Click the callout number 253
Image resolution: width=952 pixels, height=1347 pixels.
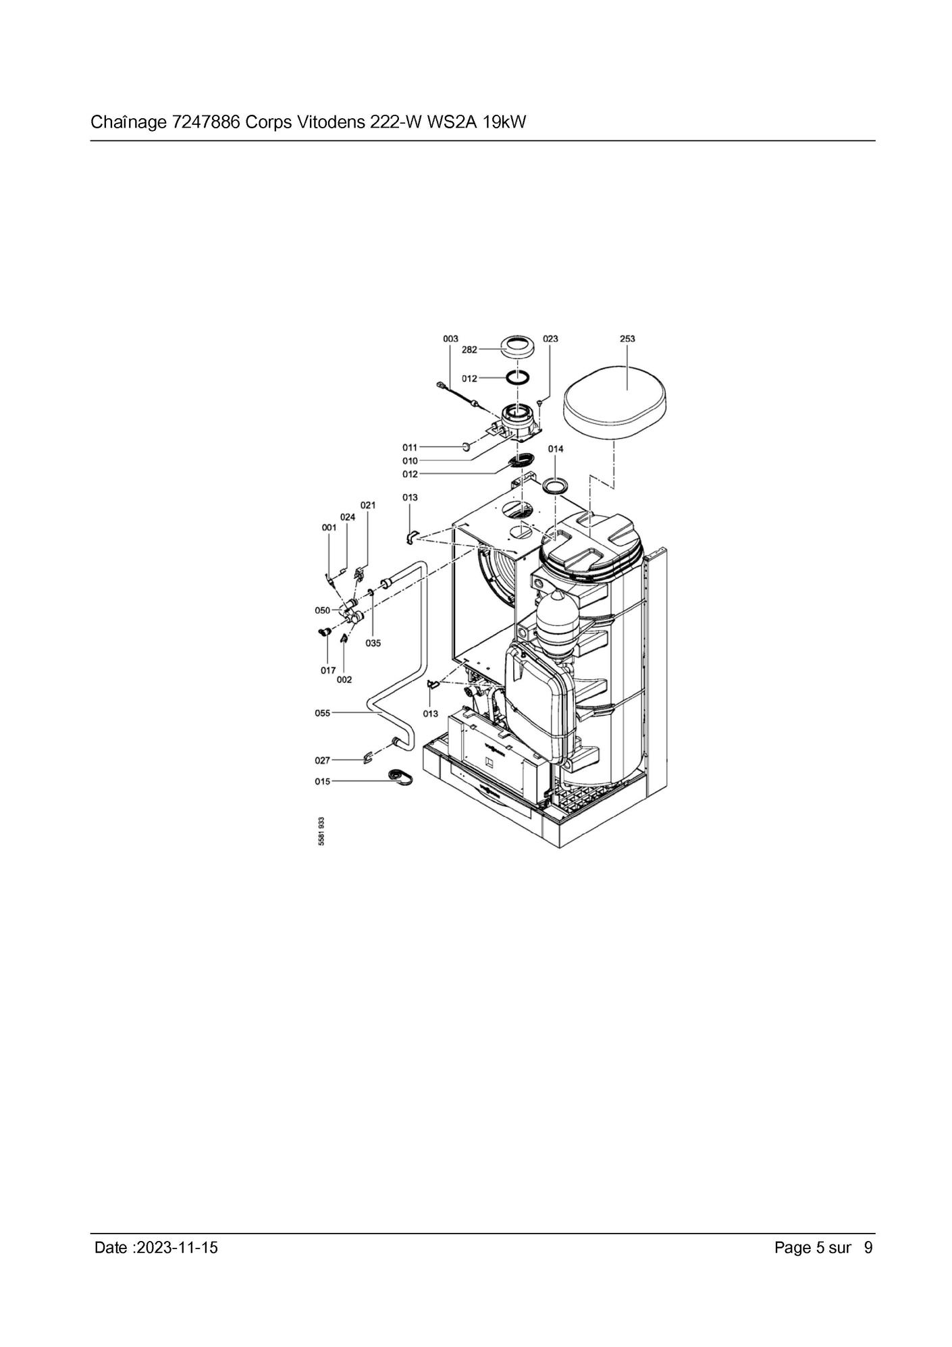pyautogui.click(x=627, y=339)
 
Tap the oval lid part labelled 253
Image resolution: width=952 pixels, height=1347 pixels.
pyautogui.click(x=617, y=406)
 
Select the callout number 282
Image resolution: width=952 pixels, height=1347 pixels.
pyautogui.click(x=469, y=350)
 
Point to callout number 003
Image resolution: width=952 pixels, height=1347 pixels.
pyautogui.click(x=450, y=339)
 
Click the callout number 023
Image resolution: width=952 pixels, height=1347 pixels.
pyautogui.click(x=550, y=339)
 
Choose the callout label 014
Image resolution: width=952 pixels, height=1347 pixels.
pyautogui.click(x=556, y=449)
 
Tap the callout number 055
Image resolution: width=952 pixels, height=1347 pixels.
pyautogui.click(x=323, y=713)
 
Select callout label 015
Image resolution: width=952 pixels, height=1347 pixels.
pyautogui.click(x=323, y=782)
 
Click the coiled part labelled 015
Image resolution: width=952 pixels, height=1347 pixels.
pyautogui.click(x=401, y=778)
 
